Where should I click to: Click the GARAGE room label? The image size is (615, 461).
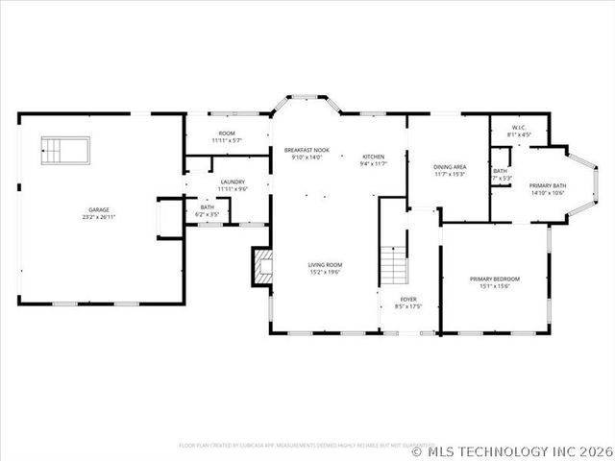click(98, 208)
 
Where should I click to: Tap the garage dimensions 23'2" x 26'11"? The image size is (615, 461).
click(98, 217)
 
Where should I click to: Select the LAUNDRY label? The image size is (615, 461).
click(232, 182)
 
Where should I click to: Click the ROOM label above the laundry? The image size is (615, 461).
click(227, 133)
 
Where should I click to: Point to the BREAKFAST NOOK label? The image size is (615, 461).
click(307, 150)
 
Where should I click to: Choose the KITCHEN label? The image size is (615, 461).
click(373, 157)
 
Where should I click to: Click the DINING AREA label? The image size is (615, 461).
click(450, 166)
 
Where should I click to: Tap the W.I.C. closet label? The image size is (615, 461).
click(518, 127)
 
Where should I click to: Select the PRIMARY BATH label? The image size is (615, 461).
click(547, 184)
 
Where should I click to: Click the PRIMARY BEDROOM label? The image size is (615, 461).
click(495, 279)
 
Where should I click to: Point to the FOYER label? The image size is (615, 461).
click(408, 299)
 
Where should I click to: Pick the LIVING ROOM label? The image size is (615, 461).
click(325, 264)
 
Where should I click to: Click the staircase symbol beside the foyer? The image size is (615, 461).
click(392, 264)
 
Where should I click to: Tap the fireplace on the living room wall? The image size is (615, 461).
click(260, 268)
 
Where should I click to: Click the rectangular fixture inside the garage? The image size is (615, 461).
click(65, 150)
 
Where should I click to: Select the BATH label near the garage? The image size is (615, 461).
click(208, 206)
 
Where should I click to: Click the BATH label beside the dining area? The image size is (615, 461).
click(501, 171)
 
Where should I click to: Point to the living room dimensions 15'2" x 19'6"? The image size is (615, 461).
click(325, 273)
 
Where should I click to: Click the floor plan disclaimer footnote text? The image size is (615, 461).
click(293, 445)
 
